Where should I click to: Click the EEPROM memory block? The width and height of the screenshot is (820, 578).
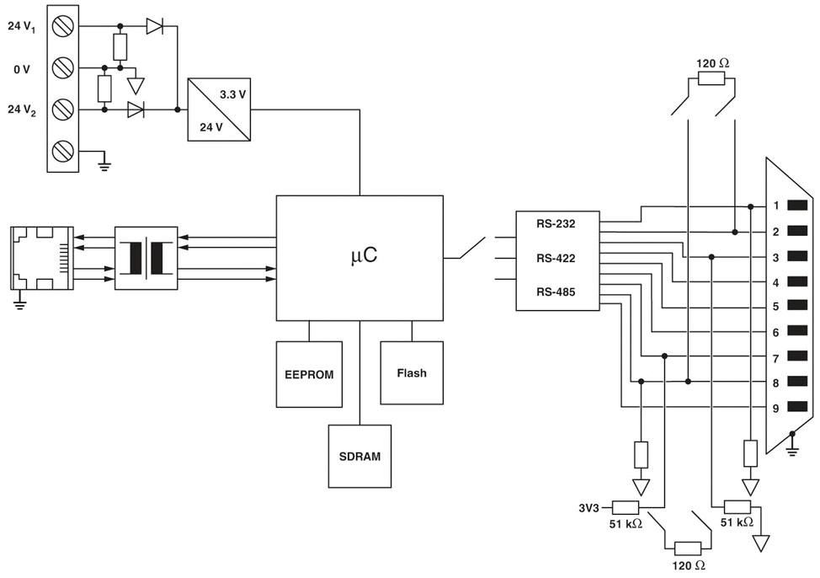coord(309,374)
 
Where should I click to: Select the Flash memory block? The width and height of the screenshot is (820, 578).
coord(412,372)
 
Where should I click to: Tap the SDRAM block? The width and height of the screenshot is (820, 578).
coord(359,456)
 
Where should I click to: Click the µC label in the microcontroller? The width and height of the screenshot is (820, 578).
coord(364,255)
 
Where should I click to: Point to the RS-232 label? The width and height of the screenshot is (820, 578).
coord(556,224)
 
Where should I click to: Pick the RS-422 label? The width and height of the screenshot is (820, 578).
coord(556,258)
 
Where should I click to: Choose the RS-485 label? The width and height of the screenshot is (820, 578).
coord(556,292)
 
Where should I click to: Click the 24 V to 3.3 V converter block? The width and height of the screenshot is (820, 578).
coord(219,110)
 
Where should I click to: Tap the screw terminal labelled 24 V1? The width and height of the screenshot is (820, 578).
coord(63,25)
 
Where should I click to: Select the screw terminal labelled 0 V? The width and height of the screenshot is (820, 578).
coord(63,67)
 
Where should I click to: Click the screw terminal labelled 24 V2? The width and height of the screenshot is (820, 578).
coord(63,110)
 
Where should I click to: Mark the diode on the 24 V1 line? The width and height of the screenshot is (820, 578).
coord(154,25)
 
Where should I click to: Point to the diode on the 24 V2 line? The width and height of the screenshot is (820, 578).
coord(136,110)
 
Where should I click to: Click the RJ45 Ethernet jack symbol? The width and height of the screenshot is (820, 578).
coord(42,258)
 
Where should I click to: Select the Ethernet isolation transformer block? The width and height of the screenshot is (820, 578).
coord(146,258)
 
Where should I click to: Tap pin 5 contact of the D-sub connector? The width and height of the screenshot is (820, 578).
coord(797,306)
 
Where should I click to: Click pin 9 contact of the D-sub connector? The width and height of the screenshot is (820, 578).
coord(797,407)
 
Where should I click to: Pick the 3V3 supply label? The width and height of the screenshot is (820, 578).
coord(588,507)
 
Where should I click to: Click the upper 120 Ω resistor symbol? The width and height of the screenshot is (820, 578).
coord(711,79)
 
